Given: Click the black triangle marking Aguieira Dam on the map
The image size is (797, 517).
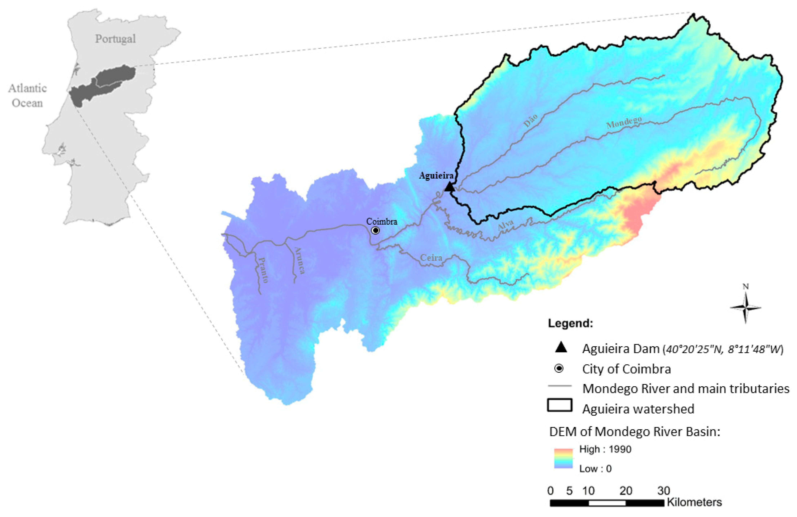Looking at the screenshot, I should pos(449,187).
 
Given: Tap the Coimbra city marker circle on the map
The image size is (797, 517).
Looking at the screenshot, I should pos(376,230).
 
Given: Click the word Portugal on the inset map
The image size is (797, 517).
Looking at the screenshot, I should pos(115,39).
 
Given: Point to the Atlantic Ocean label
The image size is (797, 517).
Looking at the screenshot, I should pos(27,95).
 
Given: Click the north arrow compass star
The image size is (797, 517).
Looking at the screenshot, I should pos(745,307).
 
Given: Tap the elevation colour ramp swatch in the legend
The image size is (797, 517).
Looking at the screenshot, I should pos(563,458).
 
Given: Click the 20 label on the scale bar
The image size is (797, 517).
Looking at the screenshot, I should pos(625,491).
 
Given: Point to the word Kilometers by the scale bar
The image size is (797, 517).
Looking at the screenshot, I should pos(694,502).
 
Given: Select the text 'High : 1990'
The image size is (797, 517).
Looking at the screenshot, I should pos(605,449).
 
